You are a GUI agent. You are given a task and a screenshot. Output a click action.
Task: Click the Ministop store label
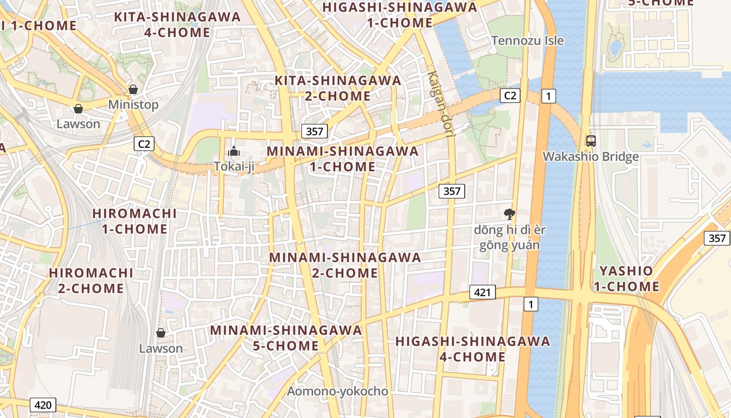click(x=133, y=104)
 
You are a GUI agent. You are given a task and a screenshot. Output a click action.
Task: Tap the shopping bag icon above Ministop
click(x=133, y=89)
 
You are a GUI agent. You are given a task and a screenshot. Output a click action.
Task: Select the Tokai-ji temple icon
click(x=234, y=151)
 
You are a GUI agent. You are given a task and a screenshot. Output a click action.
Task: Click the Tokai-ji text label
click(x=234, y=166)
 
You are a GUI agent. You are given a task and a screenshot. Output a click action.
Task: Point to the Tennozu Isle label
click(x=527, y=40)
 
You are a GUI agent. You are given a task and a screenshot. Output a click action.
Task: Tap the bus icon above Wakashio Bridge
click(x=591, y=141)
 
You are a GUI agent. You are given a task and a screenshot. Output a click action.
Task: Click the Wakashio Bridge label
click(x=591, y=157)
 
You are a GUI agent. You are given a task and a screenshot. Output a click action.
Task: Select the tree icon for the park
click(x=509, y=213)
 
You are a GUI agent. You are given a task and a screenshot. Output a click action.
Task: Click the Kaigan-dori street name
click(x=441, y=104)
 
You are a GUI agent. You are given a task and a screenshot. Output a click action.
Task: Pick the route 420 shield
click(x=43, y=404)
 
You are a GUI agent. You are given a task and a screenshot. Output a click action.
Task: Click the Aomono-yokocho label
click(x=338, y=391)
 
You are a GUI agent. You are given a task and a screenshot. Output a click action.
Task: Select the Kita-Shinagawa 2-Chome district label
click(x=338, y=88)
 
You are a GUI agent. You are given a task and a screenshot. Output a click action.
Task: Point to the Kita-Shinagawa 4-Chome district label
click(x=178, y=25)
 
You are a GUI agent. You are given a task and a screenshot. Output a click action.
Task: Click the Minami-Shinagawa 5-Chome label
click(x=286, y=338)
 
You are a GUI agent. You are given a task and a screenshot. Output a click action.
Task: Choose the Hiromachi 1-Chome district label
click(x=134, y=221)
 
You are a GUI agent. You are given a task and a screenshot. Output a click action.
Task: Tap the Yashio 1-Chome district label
click(x=626, y=278)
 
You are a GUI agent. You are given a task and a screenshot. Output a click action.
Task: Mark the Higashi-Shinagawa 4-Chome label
click(x=473, y=349)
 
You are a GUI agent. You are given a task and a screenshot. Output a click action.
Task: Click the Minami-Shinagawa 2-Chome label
click(x=345, y=265)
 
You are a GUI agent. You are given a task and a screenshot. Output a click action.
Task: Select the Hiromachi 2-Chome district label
click(x=91, y=281)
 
